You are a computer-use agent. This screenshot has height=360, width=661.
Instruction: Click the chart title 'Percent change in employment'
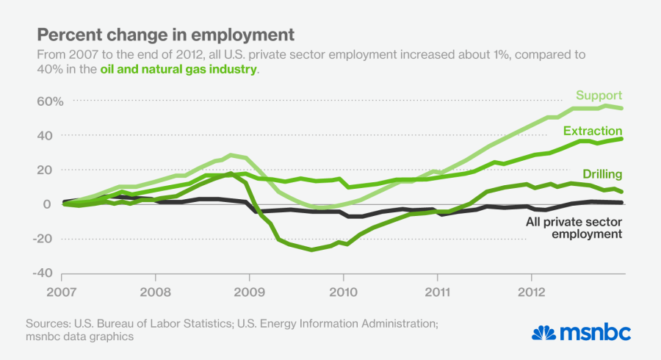(x=165, y=35)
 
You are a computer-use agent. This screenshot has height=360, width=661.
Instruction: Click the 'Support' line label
(x=599, y=96)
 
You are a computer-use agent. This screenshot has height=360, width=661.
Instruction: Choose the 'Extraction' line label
(x=593, y=131)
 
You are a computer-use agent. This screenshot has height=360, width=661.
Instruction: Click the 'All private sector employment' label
(x=574, y=226)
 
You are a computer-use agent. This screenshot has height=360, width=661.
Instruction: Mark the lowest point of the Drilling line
(x=311, y=250)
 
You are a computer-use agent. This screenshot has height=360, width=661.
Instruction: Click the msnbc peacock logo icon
(x=544, y=332)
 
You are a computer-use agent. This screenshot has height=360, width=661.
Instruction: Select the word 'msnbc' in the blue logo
(x=595, y=332)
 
